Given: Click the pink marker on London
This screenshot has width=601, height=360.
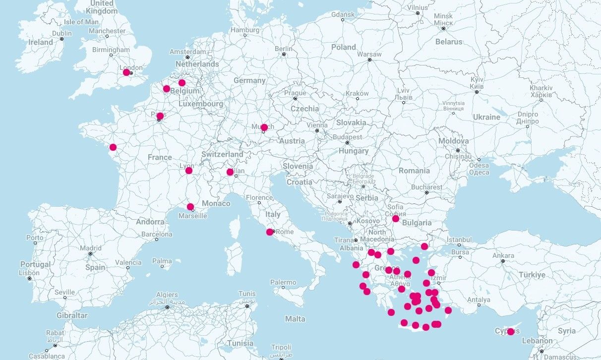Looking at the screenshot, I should click(126, 72).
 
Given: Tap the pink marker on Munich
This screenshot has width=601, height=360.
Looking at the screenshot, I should click(264, 127).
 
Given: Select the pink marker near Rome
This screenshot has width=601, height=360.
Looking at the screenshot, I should click(270, 232).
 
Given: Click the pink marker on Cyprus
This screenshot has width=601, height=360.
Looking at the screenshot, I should click(511, 331).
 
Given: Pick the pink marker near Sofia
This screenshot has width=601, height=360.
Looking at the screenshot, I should click(395, 219).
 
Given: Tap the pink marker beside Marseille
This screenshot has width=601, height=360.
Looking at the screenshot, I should click(190, 207).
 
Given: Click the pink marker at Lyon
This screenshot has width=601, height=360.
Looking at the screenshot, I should click(189, 171).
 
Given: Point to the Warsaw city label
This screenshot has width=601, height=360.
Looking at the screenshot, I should click(369, 54).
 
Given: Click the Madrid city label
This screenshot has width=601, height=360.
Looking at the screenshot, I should click(91, 248).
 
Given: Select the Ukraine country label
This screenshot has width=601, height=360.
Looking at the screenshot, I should click(486, 117).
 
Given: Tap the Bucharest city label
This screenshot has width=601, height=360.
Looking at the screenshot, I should click(426, 187).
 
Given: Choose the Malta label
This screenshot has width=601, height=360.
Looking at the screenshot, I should click(295, 319).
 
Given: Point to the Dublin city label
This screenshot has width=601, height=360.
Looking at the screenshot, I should click(62, 33).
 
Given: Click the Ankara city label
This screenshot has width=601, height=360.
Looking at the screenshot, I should click(503, 255).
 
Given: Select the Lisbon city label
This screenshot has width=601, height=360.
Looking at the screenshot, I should click(29, 273).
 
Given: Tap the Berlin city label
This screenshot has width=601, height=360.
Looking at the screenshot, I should click(284, 49).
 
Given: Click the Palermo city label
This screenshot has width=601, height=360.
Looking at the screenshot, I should click(283, 282).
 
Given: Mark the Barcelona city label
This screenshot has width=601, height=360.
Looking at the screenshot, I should click(157, 234).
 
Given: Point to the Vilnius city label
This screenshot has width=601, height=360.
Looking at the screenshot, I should click(418, 7).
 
